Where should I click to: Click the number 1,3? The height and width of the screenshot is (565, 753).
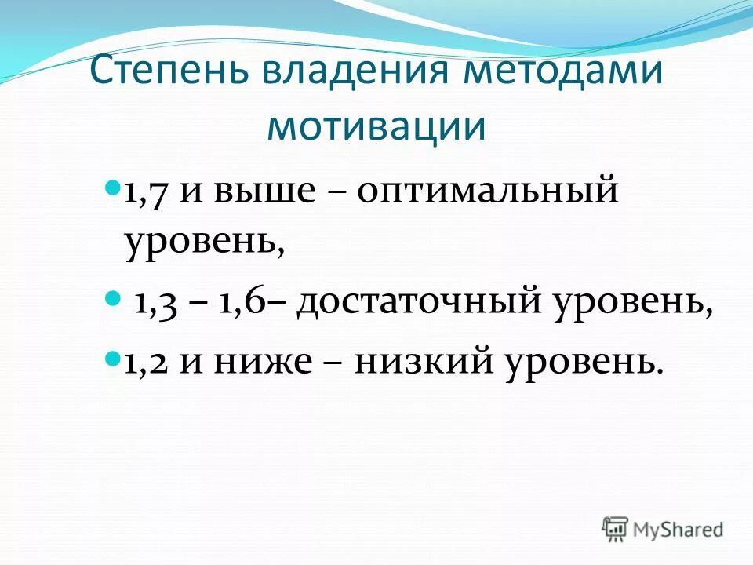coord(155,302)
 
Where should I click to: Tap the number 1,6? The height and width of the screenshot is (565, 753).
coord(241,302)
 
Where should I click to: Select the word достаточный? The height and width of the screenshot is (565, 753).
coord(421,302)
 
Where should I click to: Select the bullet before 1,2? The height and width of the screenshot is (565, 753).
coord(113,358)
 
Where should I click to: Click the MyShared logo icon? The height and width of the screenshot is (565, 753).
coord(616,529)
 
